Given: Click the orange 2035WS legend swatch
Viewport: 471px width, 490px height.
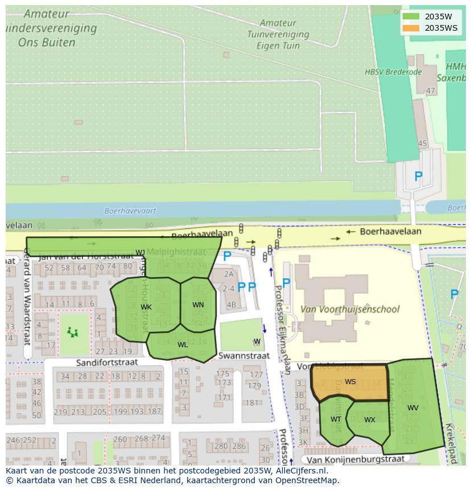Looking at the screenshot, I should [410, 28].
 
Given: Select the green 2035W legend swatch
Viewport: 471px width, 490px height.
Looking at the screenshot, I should [410, 17].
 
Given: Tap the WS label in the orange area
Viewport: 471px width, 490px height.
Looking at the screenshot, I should [350, 382].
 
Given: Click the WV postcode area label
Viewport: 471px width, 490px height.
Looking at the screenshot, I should [413, 408].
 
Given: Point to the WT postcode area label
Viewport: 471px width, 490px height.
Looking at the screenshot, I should [336, 419].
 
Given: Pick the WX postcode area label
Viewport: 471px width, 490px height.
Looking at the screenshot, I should [370, 420].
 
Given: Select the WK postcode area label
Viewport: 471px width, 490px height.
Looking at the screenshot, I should [146, 307].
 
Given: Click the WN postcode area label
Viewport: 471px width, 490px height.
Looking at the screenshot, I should [198, 305].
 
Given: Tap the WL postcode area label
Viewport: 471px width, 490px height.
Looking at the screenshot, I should [183, 345].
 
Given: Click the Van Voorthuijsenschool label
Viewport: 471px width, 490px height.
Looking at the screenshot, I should [350, 310].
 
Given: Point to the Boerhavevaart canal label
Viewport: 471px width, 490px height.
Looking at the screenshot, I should [130, 211].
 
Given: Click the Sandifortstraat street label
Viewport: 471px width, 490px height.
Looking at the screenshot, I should [107, 362].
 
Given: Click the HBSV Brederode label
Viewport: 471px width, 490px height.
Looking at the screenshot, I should [393, 72].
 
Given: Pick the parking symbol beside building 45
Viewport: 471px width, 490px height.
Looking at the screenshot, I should [418, 177].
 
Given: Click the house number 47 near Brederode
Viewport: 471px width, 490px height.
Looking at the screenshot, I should [431, 90].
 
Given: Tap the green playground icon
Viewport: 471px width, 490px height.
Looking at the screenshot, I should [73, 332].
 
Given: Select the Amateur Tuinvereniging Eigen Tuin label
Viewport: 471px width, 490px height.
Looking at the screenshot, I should [283, 34].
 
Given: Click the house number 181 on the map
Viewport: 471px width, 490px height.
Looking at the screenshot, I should [252, 403].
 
